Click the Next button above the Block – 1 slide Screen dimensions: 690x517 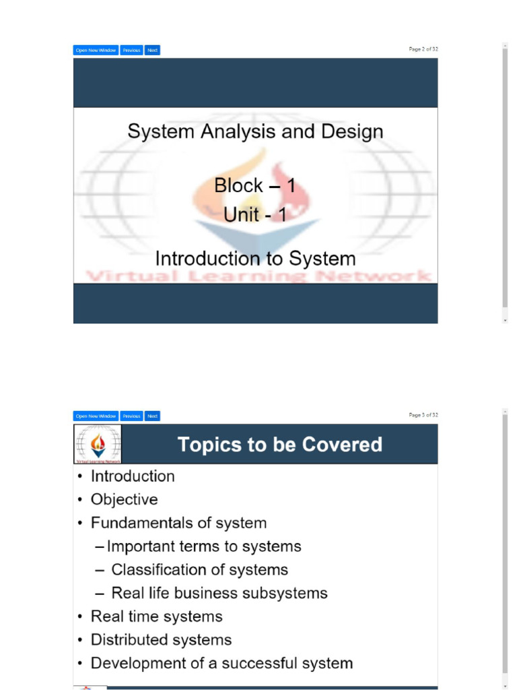(x=152, y=50)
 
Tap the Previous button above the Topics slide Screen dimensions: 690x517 (x=132, y=416)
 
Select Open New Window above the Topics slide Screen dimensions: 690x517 (x=96, y=416)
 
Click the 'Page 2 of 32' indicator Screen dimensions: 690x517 (x=423, y=49)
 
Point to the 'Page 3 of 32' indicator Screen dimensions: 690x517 (x=423, y=415)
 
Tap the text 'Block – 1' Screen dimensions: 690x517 (x=254, y=185)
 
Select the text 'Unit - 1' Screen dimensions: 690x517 (x=254, y=215)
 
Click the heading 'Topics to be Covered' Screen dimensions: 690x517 (x=279, y=445)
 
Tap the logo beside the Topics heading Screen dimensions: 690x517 (x=98, y=445)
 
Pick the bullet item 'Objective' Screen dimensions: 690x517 (x=125, y=500)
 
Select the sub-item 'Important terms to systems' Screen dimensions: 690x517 (x=204, y=546)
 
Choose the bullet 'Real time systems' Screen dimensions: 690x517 (x=156, y=617)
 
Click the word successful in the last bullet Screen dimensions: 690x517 (x=254, y=663)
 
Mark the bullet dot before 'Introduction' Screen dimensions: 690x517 (x=81, y=477)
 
